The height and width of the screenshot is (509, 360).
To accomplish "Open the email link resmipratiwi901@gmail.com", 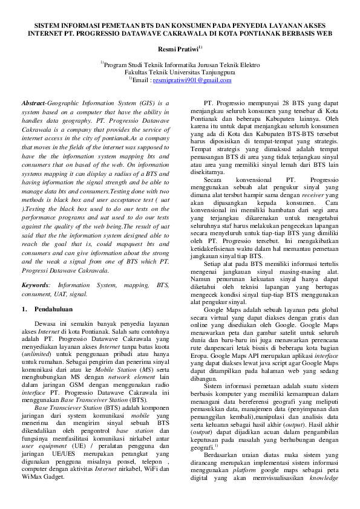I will point(192,80).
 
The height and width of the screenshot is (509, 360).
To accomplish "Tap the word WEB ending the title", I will point(324,34).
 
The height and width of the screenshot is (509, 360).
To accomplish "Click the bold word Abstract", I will point(33,103).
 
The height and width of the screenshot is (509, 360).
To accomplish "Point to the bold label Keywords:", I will point(36,284).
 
